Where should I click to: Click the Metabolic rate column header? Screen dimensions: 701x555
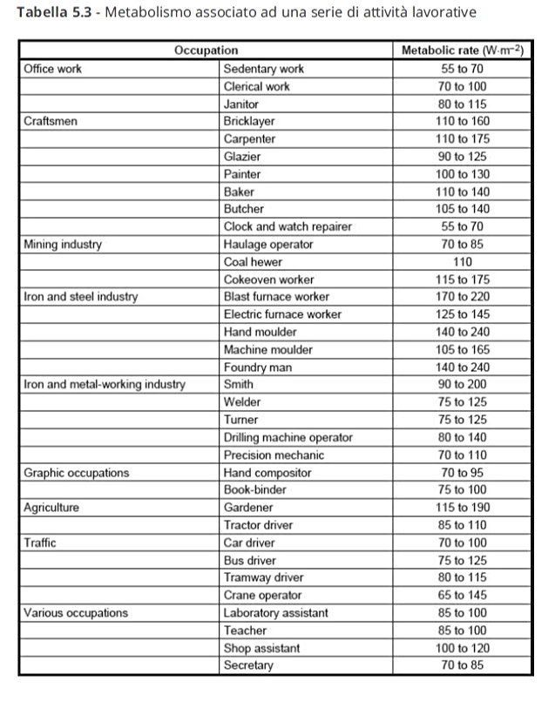pyautogui.click(x=462, y=51)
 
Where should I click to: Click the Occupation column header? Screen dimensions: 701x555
pyautogui.click(x=206, y=51)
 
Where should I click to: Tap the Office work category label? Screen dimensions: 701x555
pyautogui.click(x=53, y=69)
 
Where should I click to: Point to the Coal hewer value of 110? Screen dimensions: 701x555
pyautogui.click(x=462, y=261)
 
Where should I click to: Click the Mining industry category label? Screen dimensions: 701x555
pyautogui.click(x=63, y=244)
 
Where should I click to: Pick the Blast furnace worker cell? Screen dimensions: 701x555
pyautogui.click(x=276, y=297)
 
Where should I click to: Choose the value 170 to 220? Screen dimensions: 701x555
pyautogui.click(x=462, y=297)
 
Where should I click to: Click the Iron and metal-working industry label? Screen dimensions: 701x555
pyautogui.click(x=104, y=384)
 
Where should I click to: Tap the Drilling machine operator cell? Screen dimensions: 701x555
pyautogui.click(x=288, y=437)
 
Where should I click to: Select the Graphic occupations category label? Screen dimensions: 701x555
pyautogui.click(x=77, y=473)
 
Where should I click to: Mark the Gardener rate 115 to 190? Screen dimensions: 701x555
pyautogui.click(x=462, y=508)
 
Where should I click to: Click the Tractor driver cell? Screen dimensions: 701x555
pyautogui.click(x=258, y=525)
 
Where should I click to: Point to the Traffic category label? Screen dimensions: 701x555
pyautogui.click(x=40, y=543)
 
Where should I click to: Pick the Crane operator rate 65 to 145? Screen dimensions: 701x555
pyautogui.click(x=462, y=596)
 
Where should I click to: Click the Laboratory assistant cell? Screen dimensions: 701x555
pyautogui.click(x=276, y=613)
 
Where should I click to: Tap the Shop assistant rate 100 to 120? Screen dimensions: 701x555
pyautogui.click(x=462, y=648)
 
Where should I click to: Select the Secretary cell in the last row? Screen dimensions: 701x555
pyautogui.click(x=248, y=665)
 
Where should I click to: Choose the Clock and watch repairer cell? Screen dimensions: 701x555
pyautogui.click(x=288, y=226)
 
